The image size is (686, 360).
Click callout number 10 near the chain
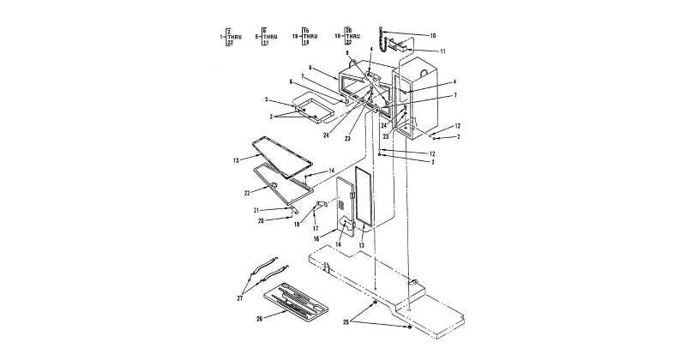(433, 35)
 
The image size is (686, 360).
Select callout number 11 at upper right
(442, 51)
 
